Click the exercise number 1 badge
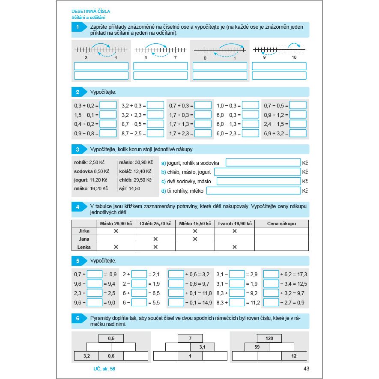click(x=78, y=27)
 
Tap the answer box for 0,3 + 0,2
click(x=108, y=105)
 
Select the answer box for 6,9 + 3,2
click(x=298, y=133)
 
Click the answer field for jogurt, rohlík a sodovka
click(x=263, y=163)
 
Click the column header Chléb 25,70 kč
click(x=155, y=224)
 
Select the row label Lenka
click(x=84, y=247)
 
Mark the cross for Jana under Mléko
click(x=195, y=239)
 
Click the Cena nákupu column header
click(x=281, y=224)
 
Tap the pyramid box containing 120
click(x=269, y=338)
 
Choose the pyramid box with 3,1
click(x=203, y=347)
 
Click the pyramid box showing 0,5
click(x=111, y=338)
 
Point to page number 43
click(x=306, y=369)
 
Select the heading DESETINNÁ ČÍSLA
click(x=91, y=11)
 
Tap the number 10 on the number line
click(x=294, y=57)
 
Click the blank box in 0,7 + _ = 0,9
click(x=95, y=275)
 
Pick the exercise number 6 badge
click(x=78, y=318)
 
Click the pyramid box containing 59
click(x=257, y=347)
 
